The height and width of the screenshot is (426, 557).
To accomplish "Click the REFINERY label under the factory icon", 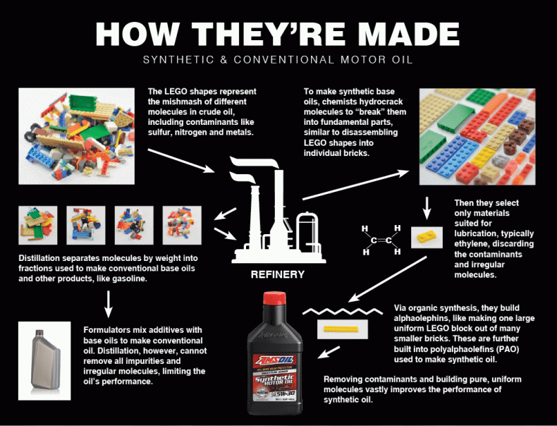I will coord(278,274).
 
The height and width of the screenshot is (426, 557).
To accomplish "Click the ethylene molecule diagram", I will coord(381,240).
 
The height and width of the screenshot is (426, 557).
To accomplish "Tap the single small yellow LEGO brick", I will coord(425,238).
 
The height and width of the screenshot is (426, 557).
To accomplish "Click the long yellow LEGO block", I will coord(342,329).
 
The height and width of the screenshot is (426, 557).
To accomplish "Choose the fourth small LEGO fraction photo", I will coord(182,224).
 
